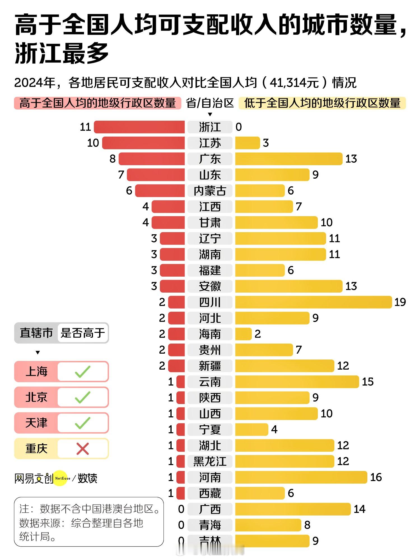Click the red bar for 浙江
tap(139, 127)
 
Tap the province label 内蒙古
tap(210, 191)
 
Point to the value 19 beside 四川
tap(400, 302)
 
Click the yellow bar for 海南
tap(243, 334)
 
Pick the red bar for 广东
tap(151, 159)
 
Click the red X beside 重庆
tap(83, 449)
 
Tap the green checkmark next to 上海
tap(83, 372)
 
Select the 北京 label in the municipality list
tap(36, 397)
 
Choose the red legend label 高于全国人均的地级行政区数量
tap(97, 103)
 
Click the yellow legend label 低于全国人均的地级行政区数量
tap(322, 103)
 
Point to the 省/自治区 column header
tap(210, 103)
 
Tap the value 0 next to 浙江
tap(239, 127)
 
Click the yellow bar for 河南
tap(301, 477)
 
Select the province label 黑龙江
tap(210, 461)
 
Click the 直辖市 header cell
tap(36, 333)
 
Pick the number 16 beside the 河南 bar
tap(376, 477)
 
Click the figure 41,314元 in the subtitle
tap(294, 83)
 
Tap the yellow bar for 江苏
tap(248, 143)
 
